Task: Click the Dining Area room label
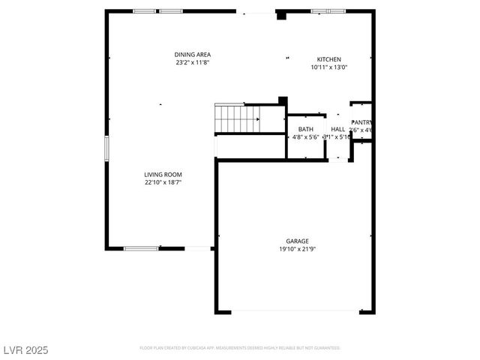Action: coord(192,55)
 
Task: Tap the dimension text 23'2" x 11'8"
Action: coord(192,63)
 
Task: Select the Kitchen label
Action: coord(328,59)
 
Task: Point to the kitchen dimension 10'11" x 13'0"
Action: coord(328,67)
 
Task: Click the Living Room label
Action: coord(163,174)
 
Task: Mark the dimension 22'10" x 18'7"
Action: coord(163,182)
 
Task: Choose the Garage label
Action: coord(297,241)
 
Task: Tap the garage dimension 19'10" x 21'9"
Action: coord(297,249)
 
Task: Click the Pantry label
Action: coord(361,122)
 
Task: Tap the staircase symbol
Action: coord(238,117)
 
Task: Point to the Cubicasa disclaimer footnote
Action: coord(240,348)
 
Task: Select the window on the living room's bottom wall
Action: coord(141,249)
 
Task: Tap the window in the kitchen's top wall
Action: coord(328,11)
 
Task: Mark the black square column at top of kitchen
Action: coord(281,15)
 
